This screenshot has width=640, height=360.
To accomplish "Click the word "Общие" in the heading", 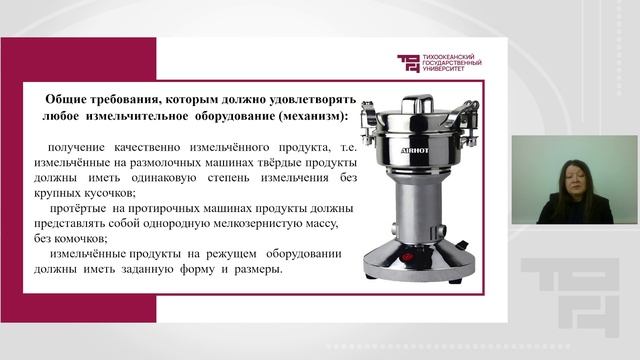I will click(67, 100).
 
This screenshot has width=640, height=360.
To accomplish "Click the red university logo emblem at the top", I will click(409, 63).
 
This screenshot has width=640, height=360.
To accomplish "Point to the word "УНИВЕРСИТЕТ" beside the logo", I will click(449, 72).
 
